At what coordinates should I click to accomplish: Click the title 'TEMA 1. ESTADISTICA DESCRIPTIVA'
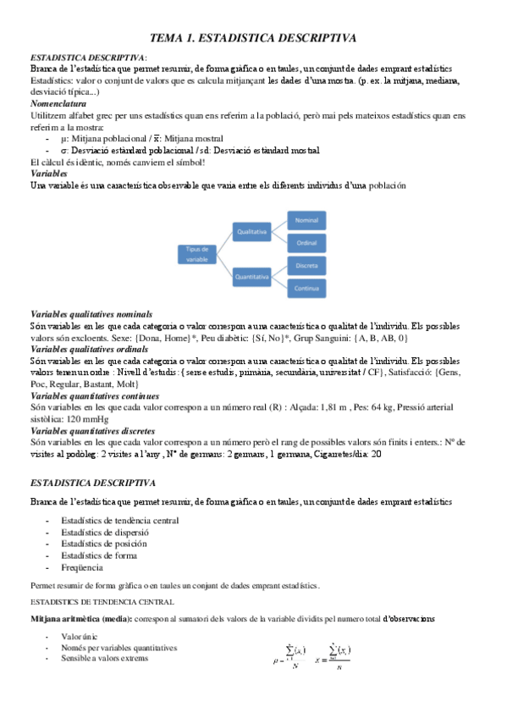tap(253, 38)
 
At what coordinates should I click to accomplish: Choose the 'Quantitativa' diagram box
tap(253, 276)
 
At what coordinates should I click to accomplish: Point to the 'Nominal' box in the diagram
tap(306, 219)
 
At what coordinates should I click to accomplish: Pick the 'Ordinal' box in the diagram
tap(306, 243)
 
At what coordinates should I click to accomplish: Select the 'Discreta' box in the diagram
tap(306, 266)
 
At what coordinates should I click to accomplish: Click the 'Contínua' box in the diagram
tap(306, 289)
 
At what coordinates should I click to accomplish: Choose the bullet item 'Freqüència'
tap(82, 567)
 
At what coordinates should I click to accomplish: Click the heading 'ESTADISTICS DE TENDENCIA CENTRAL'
tap(102, 602)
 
